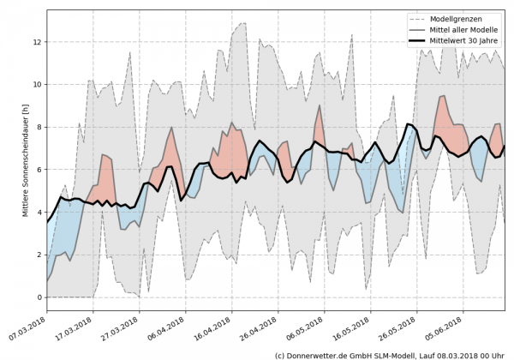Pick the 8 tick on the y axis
(x=39, y=127)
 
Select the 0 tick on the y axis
(x=39, y=297)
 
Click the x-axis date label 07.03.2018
(x=27, y=329)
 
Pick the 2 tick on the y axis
(x=39, y=255)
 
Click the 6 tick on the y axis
(x=39, y=170)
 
